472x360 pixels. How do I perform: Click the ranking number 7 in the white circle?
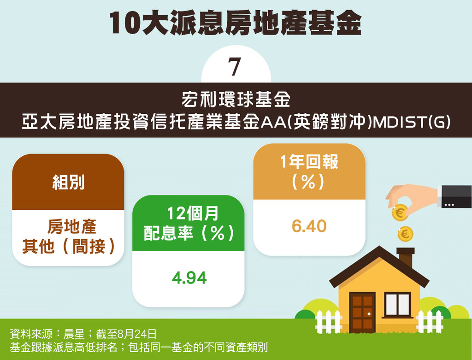235,66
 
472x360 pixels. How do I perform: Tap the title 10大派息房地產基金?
235,24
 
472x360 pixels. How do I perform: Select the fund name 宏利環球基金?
236,100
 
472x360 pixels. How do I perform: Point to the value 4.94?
189,278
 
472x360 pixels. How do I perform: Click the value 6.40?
309,226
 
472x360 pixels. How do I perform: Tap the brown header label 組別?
68,182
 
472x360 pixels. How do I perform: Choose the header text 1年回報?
309,161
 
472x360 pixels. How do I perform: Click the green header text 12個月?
193,213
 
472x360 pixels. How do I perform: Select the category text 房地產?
72,226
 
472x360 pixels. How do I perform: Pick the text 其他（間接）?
68,247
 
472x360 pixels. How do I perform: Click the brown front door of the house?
362,312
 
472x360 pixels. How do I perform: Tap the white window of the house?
398,305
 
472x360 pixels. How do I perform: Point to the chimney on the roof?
406,257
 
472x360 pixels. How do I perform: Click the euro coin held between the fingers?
400,212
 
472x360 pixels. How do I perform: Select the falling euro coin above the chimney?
405,234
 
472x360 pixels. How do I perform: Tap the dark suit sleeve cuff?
455,196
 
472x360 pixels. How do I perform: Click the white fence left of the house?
328,322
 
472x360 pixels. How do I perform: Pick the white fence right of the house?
430,322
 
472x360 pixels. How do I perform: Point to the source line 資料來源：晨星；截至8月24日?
83,334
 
